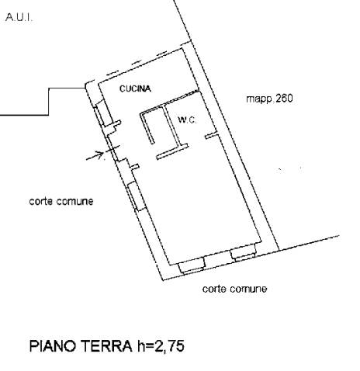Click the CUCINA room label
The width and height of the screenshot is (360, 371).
(x=135, y=88)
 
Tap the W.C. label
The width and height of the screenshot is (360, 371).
(x=187, y=120)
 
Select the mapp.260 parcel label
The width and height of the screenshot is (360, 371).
(x=269, y=99)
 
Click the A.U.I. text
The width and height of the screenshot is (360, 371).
(x=19, y=18)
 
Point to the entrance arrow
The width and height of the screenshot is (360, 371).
(x=95, y=155)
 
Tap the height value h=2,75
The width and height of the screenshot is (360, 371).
(x=161, y=346)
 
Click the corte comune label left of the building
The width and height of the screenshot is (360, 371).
(x=61, y=201)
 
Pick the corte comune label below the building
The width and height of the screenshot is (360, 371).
(x=234, y=289)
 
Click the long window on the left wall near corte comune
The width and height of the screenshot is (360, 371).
(x=137, y=196)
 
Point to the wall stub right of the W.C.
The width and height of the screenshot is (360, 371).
(x=212, y=136)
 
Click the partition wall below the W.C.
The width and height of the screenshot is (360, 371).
(x=172, y=151)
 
